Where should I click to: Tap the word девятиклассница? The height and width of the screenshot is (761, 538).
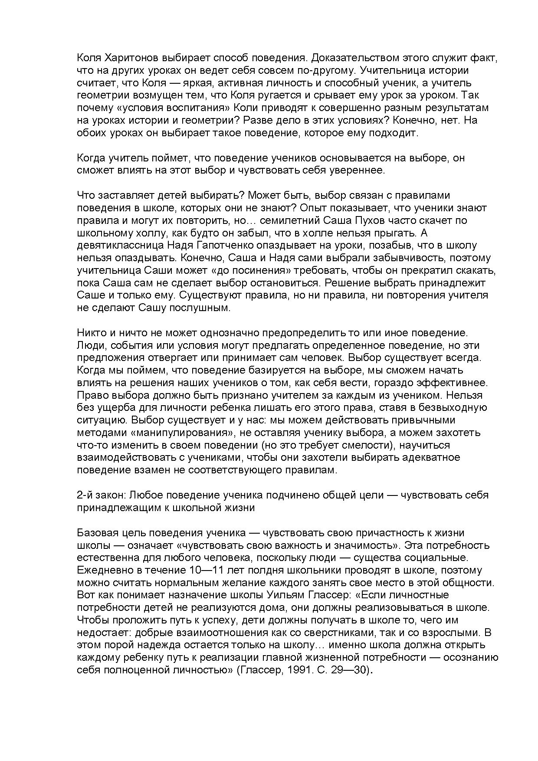coord(119,246)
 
